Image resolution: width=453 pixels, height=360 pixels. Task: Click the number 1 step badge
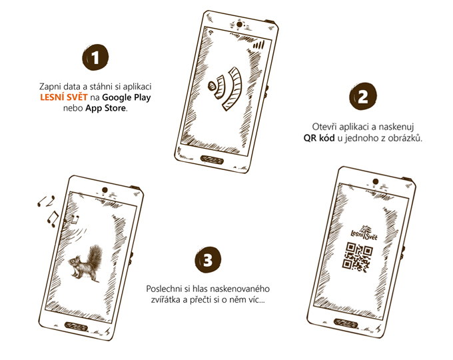tap(95, 57)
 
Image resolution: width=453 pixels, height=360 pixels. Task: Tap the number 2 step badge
tap(363, 96)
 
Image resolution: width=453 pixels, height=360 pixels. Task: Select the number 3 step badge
tap(208, 259)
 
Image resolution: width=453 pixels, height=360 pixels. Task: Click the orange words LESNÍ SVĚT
tap(63, 97)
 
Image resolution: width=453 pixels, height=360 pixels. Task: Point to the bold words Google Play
tap(127, 98)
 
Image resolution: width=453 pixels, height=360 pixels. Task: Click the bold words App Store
tap(106, 109)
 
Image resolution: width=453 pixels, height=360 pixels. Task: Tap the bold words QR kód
tap(319, 138)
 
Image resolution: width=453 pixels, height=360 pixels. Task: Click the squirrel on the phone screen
tap(86, 263)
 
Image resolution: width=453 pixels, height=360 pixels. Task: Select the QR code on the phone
tap(357, 257)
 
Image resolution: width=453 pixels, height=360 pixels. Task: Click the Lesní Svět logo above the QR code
tap(364, 233)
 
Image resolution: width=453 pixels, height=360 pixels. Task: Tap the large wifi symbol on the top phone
tap(225, 88)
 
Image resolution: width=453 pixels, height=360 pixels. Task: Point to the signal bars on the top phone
tap(259, 45)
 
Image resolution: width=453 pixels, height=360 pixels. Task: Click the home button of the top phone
tap(212, 159)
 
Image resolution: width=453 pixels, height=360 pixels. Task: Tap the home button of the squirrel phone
tap(77, 326)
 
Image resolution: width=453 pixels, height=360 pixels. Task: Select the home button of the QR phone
tap(346, 323)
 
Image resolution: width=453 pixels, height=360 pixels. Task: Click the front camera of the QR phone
tap(376, 181)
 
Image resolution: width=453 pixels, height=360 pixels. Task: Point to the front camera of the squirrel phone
tap(105, 190)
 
